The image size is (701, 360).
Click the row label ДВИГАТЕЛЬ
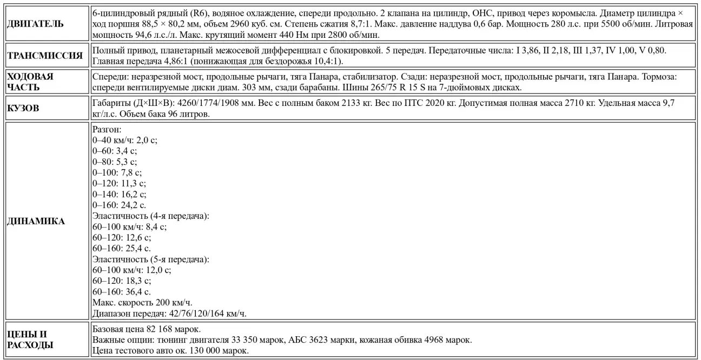pos(35,24)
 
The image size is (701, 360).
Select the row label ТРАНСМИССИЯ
pos(45,55)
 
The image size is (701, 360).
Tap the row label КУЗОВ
pos(24,108)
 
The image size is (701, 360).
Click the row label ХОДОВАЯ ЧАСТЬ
pos(31,82)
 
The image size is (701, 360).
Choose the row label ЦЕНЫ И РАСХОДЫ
pos(30,339)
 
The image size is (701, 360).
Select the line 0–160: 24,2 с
pos(119,205)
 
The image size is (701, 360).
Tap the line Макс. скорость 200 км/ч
pos(142,302)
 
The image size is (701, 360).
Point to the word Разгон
pos(106,130)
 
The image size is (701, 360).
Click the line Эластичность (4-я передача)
pos(151,216)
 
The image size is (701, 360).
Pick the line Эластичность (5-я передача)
pos(151,259)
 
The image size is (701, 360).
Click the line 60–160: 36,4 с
pos(122,291)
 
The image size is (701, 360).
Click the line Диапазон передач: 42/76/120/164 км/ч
pos(173,313)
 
